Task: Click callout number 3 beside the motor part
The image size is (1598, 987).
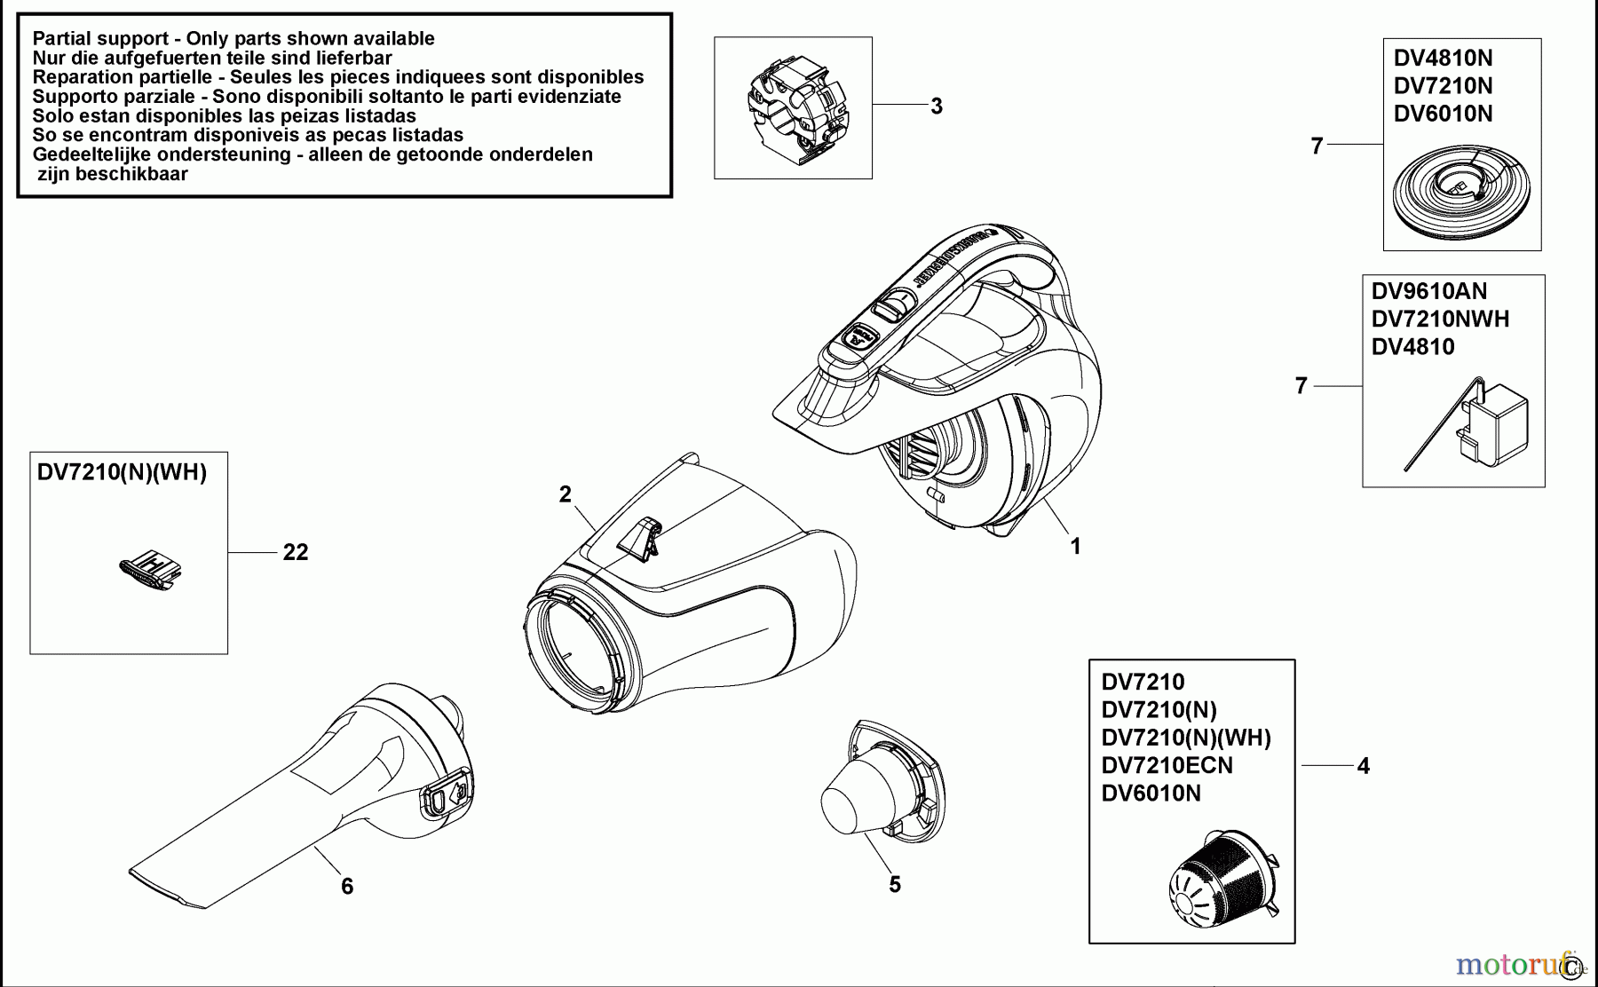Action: (x=936, y=107)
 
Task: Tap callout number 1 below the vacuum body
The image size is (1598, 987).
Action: (x=1075, y=547)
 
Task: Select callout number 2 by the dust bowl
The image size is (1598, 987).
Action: (x=566, y=494)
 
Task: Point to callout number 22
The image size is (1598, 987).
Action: (x=296, y=552)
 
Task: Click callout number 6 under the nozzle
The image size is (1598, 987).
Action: (x=347, y=886)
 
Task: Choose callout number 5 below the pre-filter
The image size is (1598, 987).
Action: (x=895, y=884)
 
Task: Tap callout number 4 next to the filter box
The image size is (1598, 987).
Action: (x=1364, y=766)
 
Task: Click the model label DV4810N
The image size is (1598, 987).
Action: (x=1443, y=59)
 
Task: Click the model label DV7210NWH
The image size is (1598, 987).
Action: (x=1440, y=320)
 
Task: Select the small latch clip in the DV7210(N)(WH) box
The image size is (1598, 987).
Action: (x=150, y=571)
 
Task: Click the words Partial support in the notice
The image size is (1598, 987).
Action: (x=99, y=39)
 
